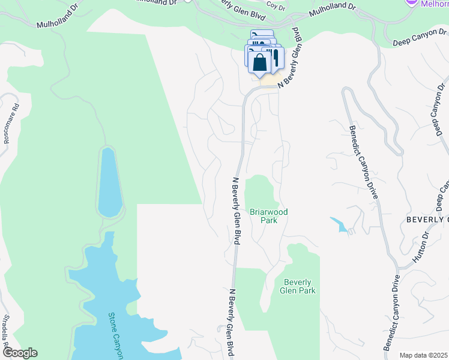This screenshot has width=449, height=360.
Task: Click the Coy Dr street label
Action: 276,6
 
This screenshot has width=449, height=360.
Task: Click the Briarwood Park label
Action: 269,216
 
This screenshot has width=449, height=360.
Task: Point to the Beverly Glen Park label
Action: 298,286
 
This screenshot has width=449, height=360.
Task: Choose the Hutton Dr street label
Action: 423,247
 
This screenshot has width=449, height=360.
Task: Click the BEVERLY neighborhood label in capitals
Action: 427,220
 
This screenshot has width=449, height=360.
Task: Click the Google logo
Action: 19,353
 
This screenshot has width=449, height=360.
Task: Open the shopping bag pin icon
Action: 259,62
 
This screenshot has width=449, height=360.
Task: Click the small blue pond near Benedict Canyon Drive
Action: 338,224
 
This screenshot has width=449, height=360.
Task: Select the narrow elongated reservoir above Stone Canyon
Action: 108,182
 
